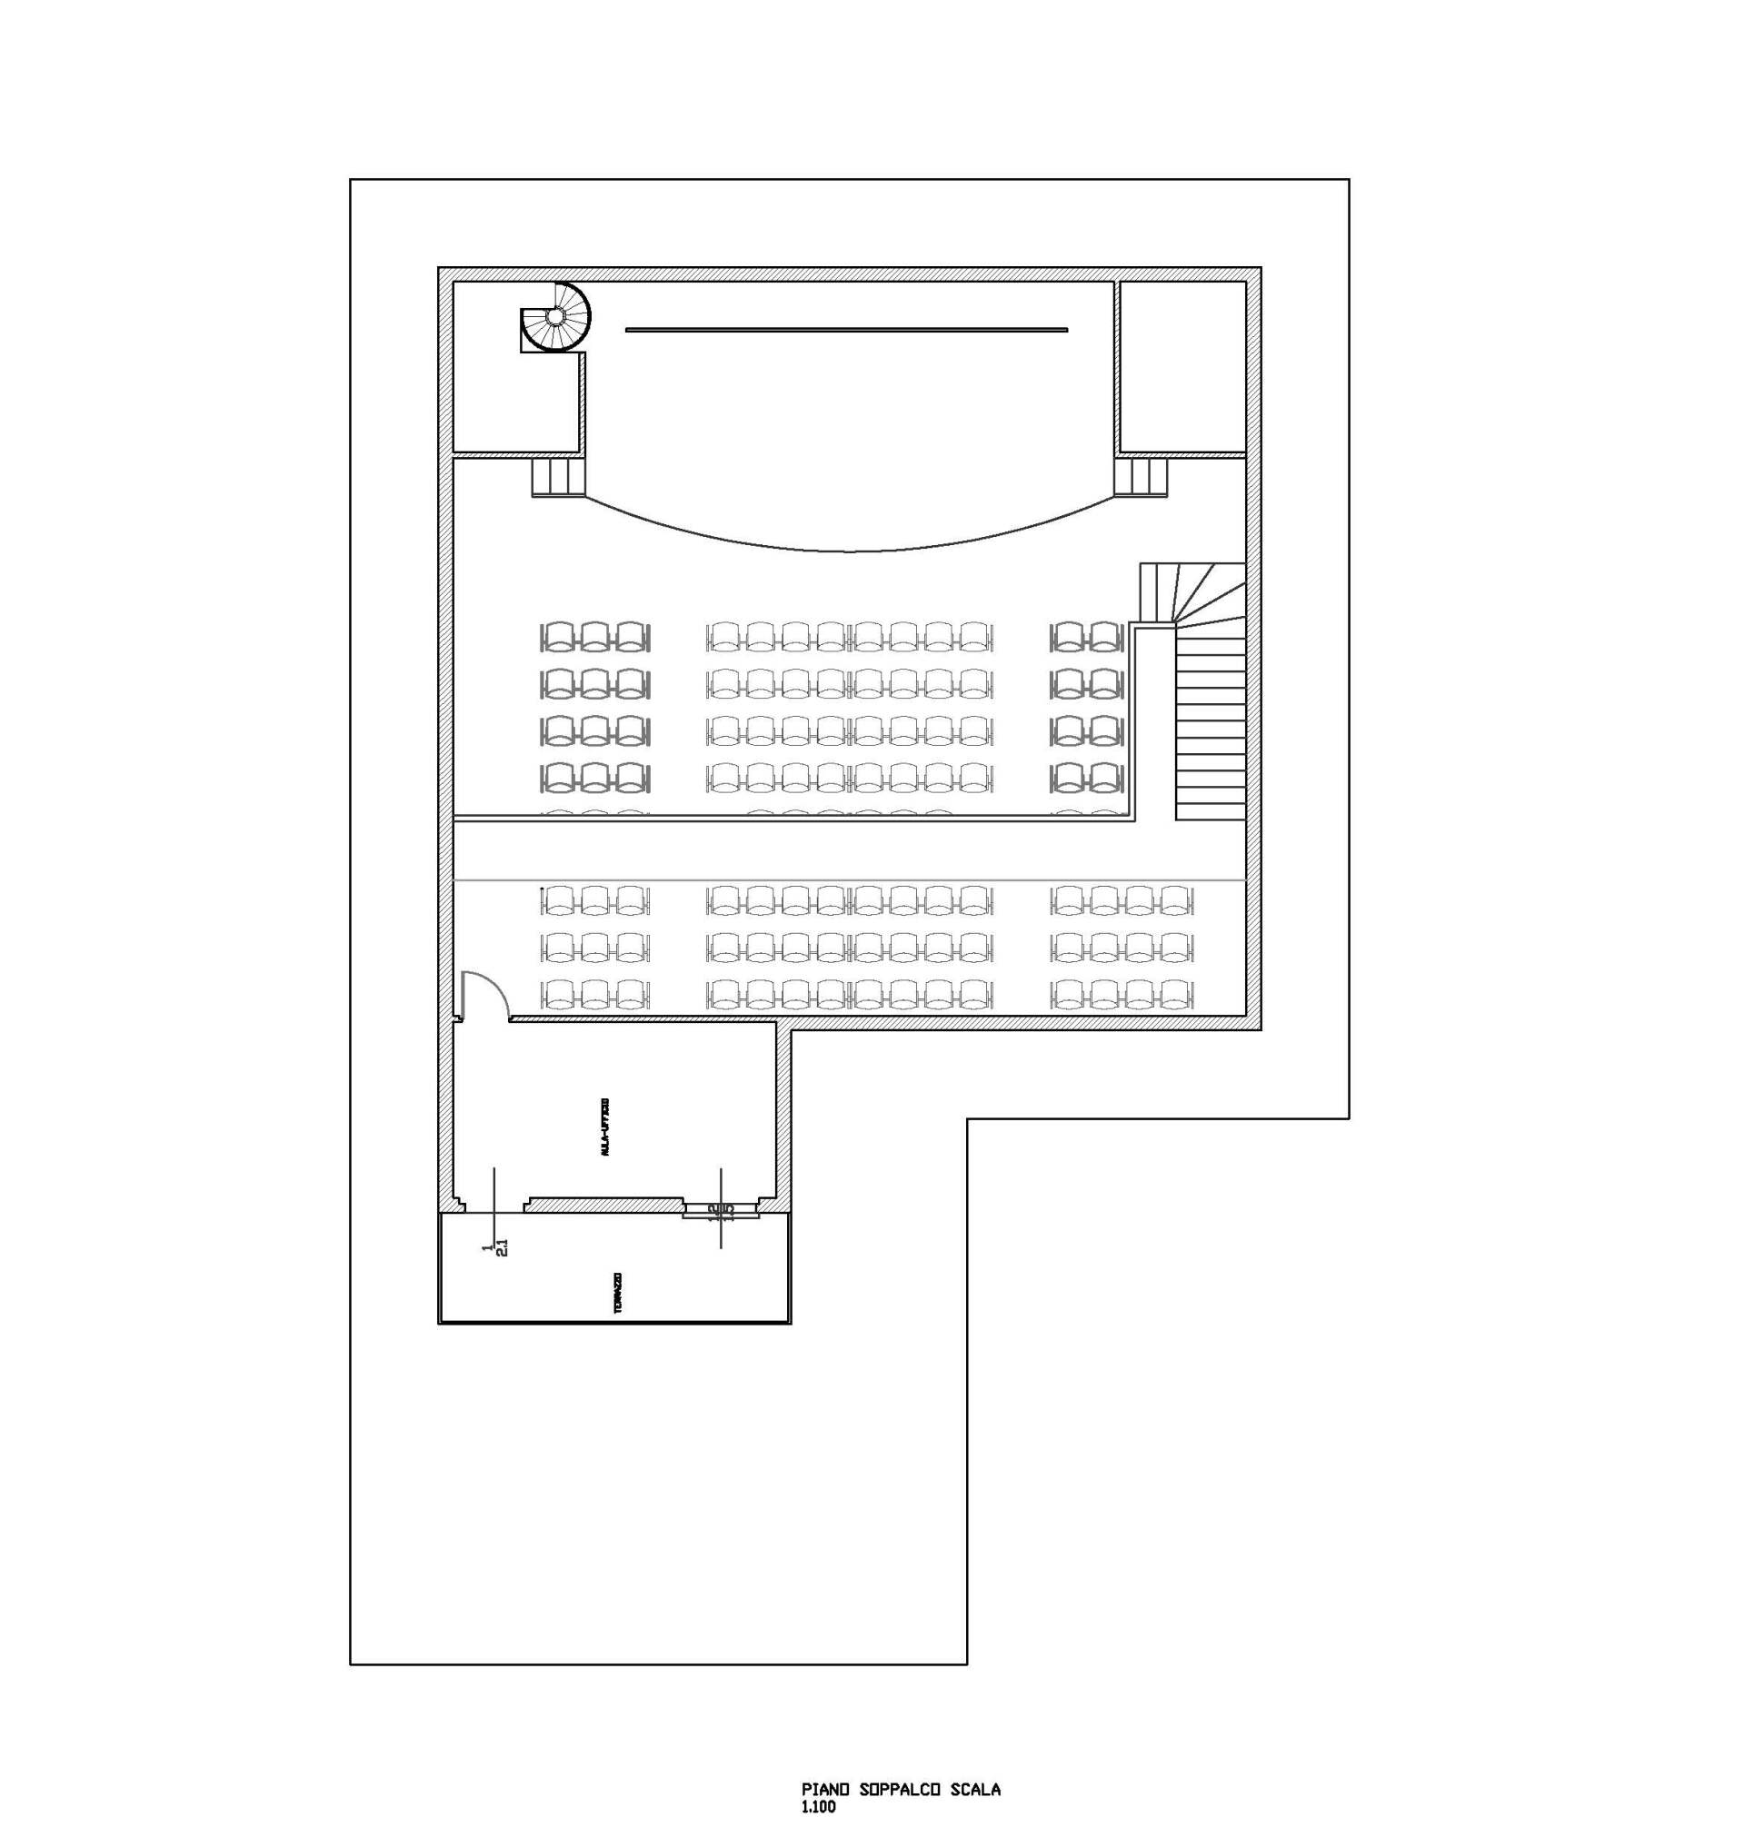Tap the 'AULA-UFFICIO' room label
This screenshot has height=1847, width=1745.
[x=605, y=1127]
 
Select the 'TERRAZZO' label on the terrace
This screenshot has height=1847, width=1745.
[x=619, y=1293]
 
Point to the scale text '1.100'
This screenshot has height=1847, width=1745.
[x=818, y=1808]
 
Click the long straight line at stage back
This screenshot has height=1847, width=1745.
[x=845, y=329]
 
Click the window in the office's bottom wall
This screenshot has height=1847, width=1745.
[x=603, y=1204]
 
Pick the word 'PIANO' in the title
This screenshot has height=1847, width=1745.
[x=821, y=1790]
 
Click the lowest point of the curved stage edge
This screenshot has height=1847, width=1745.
[x=845, y=551]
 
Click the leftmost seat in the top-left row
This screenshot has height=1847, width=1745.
[x=558, y=637]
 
